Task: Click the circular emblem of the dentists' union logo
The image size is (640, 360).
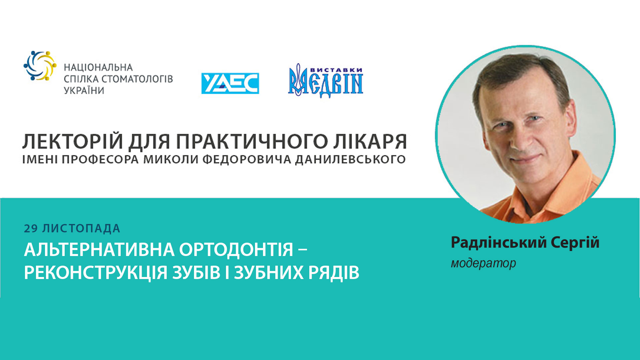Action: [x=40, y=66]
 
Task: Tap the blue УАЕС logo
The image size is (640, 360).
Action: [x=230, y=83]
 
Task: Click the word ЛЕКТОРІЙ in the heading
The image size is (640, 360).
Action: [x=73, y=141]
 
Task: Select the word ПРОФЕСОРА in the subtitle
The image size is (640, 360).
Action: [x=100, y=159]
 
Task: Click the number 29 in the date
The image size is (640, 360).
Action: [x=31, y=229]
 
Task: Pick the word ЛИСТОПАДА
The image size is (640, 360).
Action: [x=81, y=229]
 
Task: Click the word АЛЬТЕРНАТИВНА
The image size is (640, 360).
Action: [x=99, y=250]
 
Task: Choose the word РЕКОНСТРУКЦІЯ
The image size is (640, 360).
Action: [x=95, y=273]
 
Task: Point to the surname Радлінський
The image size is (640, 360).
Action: [x=499, y=242]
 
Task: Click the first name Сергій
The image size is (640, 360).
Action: [x=575, y=242]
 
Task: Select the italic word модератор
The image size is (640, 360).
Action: [x=483, y=263]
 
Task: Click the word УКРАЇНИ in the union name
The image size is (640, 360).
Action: [x=84, y=91]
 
